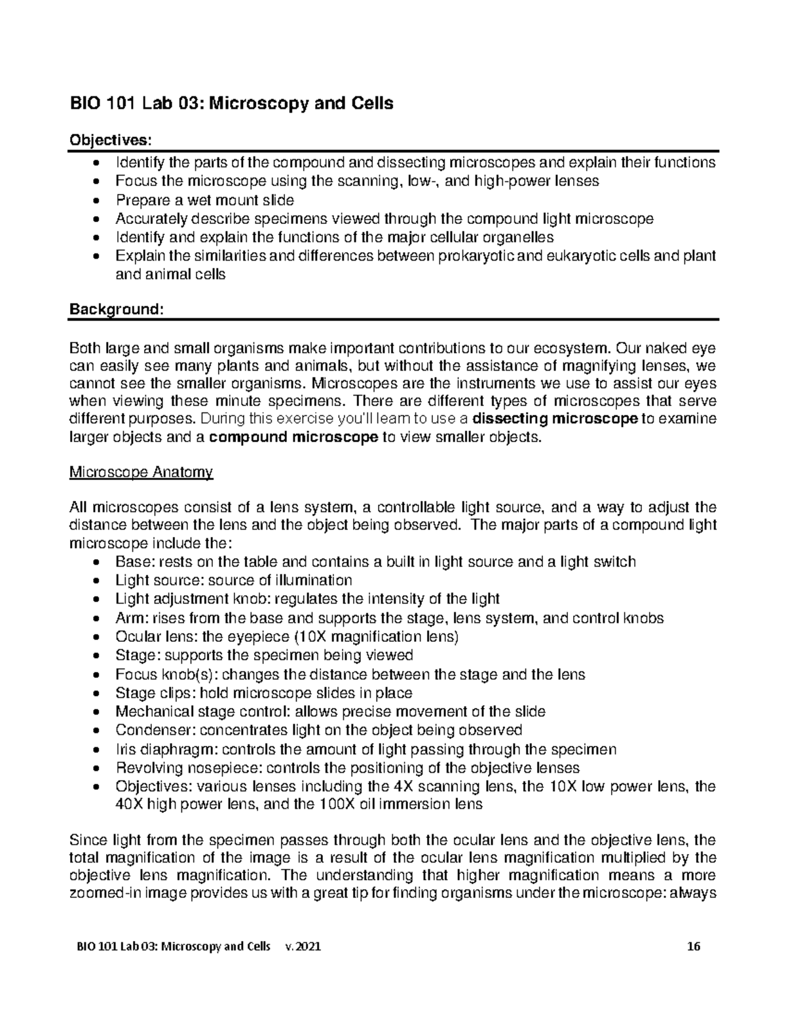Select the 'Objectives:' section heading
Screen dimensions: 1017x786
(x=109, y=140)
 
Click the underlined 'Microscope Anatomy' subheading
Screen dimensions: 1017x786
(x=141, y=472)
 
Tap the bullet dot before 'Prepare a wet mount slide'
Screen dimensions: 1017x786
(x=98, y=201)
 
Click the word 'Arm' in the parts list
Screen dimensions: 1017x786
(x=128, y=618)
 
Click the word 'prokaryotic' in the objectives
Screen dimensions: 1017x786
(x=476, y=256)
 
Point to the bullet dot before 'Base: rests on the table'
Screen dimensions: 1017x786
(x=98, y=563)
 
